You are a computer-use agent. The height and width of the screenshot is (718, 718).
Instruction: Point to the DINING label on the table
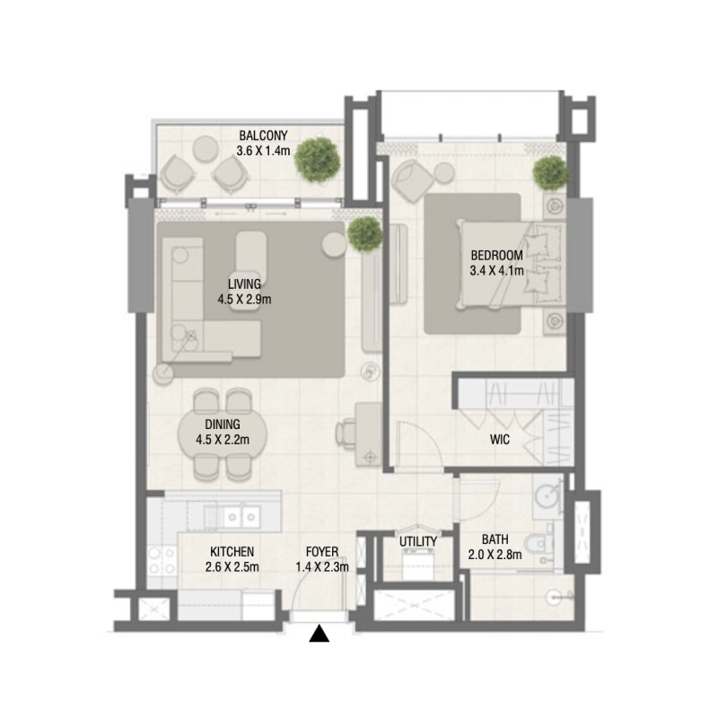[x=222, y=425]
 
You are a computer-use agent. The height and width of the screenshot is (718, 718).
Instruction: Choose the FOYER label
[x=321, y=551]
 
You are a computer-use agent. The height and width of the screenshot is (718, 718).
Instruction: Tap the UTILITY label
[x=418, y=541]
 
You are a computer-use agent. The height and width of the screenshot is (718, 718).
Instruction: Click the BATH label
[x=495, y=539]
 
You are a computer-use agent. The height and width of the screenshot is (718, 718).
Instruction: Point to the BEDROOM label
[x=496, y=255]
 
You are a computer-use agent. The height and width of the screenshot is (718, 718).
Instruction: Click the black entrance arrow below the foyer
[x=320, y=635]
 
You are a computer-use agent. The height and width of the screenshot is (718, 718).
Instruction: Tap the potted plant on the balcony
[x=319, y=159]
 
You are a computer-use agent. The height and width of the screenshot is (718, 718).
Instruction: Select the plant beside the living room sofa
[x=364, y=233]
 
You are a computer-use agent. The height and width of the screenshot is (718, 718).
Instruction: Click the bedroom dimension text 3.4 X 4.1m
[x=496, y=269]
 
